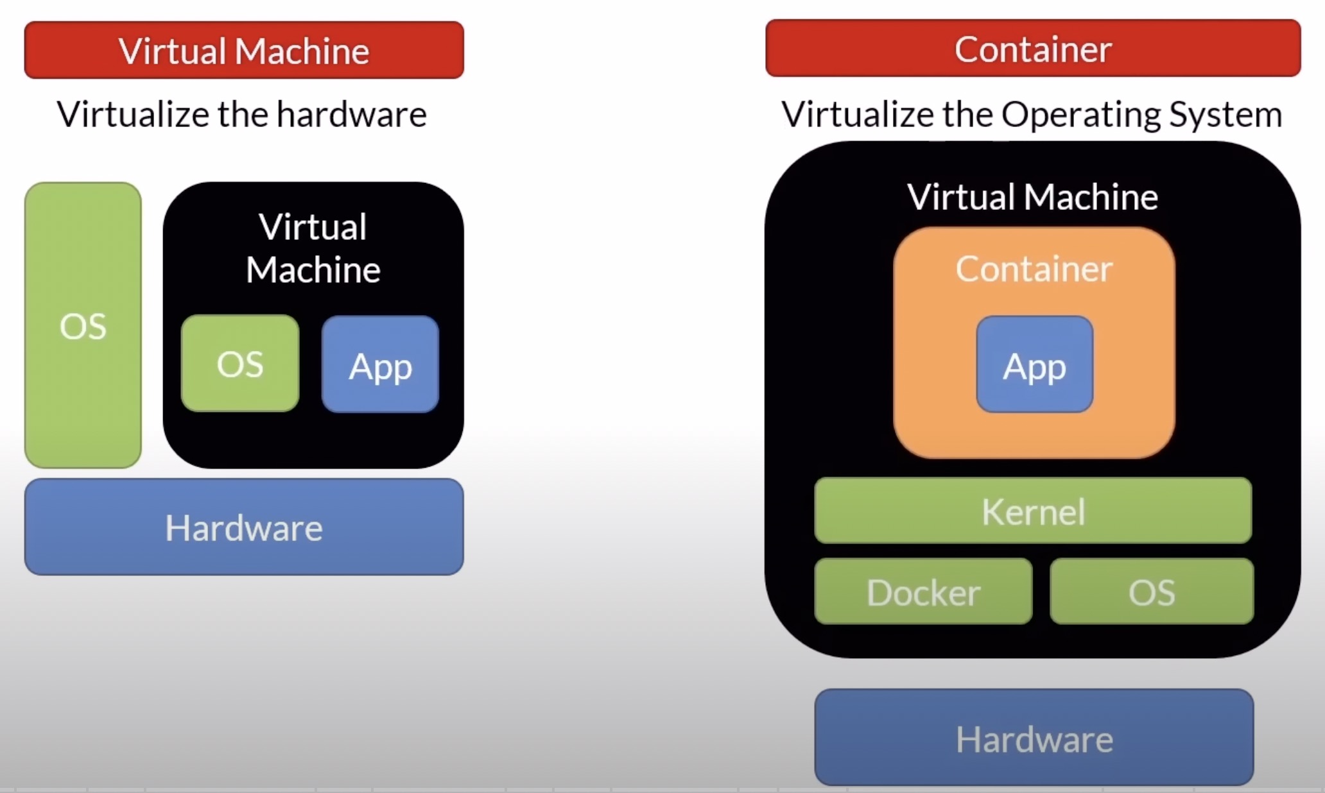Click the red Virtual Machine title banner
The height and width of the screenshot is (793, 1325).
click(244, 50)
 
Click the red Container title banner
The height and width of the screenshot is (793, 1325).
click(1032, 49)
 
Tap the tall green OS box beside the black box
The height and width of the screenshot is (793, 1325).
click(83, 325)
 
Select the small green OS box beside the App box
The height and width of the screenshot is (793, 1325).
click(240, 363)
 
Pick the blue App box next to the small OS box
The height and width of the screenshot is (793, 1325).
click(380, 364)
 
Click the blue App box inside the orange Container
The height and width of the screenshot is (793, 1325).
click(1034, 364)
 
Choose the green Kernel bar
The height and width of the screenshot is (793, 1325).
click(1032, 511)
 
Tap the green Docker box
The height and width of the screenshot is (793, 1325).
click(923, 591)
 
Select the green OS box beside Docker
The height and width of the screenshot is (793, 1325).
click(1152, 591)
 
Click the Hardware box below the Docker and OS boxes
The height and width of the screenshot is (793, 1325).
click(1034, 738)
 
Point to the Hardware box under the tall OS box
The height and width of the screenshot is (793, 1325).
click(244, 527)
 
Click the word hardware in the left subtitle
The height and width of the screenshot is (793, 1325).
click(352, 115)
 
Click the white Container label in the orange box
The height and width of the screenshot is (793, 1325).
click(1034, 269)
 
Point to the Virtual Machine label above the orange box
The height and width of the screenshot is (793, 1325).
click(1032, 197)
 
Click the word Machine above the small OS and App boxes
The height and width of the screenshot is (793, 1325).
click(313, 269)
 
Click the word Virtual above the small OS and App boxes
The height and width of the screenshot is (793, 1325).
click(313, 227)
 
